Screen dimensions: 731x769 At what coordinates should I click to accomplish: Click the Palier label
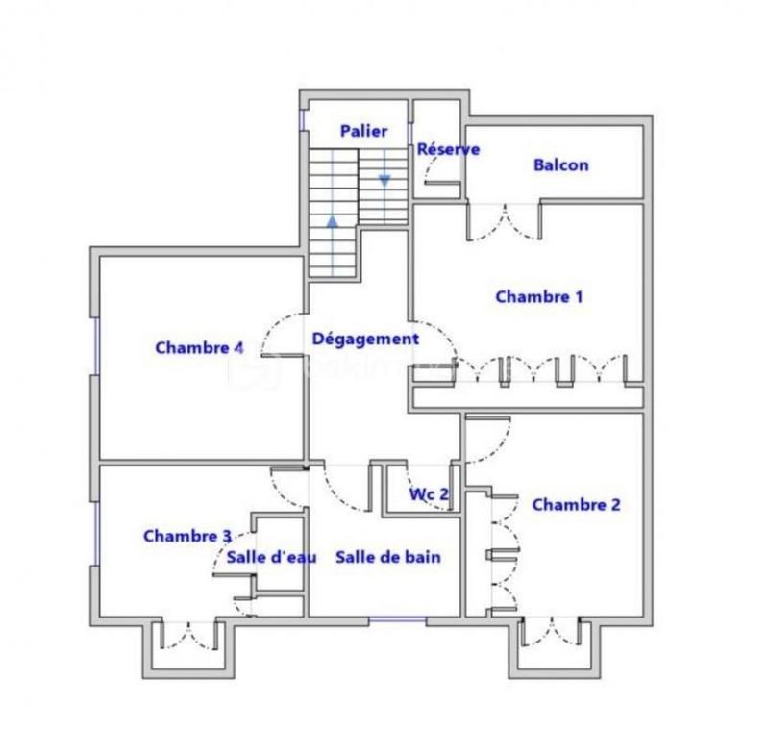pos(363,131)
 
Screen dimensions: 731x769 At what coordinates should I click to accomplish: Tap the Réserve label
pos(448,149)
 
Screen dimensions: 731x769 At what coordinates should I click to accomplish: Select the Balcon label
pos(560,164)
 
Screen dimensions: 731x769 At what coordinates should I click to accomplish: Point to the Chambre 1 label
pos(539,296)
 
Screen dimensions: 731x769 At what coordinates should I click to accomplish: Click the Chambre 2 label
pos(576,504)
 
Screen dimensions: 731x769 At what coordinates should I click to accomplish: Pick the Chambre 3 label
pos(186,536)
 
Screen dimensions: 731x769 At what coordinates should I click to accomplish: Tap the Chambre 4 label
pos(199,347)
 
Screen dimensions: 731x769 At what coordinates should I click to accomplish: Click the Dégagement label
pos(364,339)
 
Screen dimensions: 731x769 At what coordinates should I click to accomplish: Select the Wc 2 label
pos(430,494)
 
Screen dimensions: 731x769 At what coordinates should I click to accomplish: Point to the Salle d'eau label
pos(265,557)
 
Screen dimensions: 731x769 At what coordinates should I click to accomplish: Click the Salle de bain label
pos(388,557)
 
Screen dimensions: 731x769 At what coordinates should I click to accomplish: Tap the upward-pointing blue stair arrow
pos(333,221)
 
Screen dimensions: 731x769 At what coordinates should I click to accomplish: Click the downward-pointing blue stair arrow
pos(384,180)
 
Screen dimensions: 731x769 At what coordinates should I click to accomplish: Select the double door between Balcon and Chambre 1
pos(504,221)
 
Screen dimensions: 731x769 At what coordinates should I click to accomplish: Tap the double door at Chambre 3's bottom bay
pos(188,635)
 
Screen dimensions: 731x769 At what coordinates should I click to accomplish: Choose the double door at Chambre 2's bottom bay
pos(551,633)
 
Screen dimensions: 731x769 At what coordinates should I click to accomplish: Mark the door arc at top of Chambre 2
pos(487,439)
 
